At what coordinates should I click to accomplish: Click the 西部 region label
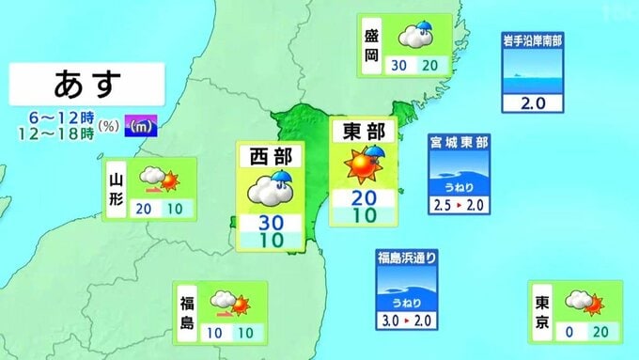(x=269, y=155)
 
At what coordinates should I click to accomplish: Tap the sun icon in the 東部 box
(x=360, y=166)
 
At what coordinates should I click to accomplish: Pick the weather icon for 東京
(x=580, y=303)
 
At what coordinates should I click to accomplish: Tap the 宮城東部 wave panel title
(x=459, y=143)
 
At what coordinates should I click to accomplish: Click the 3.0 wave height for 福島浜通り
(x=386, y=321)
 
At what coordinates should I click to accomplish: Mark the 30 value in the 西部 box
(x=269, y=223)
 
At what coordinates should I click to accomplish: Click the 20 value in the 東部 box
(x=364, y=197)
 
